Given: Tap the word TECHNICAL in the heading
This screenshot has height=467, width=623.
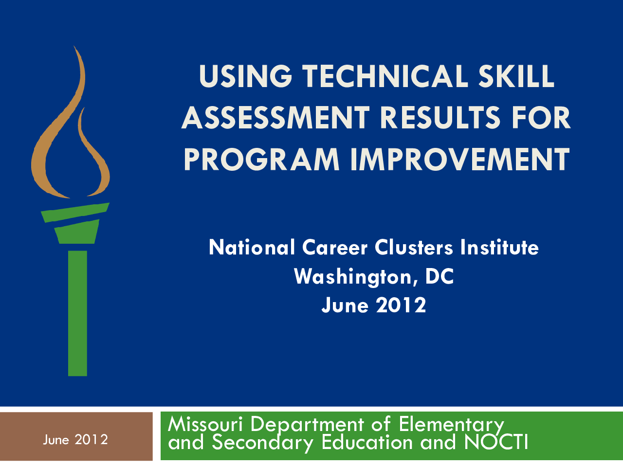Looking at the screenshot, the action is coord(385,76).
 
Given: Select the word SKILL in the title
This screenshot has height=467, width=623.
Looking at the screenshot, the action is coord(516,76).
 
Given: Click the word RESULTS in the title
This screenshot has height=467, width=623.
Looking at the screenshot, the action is coord(440,117).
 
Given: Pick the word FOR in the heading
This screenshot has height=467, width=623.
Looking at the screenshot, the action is coord(541,117).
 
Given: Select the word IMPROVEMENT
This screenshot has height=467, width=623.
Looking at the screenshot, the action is coord(460,159).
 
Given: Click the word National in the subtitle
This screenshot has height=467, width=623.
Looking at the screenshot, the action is coord(252,247).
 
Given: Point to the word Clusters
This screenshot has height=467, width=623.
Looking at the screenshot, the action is coord(414,247).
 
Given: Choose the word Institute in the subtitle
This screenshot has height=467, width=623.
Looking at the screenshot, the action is coord(499,247).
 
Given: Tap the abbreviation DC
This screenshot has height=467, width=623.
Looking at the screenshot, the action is coord(440,276).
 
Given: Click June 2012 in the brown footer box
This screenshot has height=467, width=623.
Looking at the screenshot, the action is coord(75,440).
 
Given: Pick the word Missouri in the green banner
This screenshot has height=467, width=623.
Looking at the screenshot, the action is coord(205,425).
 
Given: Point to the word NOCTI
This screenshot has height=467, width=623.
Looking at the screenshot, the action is coord(496,442).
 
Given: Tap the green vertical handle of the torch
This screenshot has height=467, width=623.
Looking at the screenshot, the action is coord(77,313).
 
